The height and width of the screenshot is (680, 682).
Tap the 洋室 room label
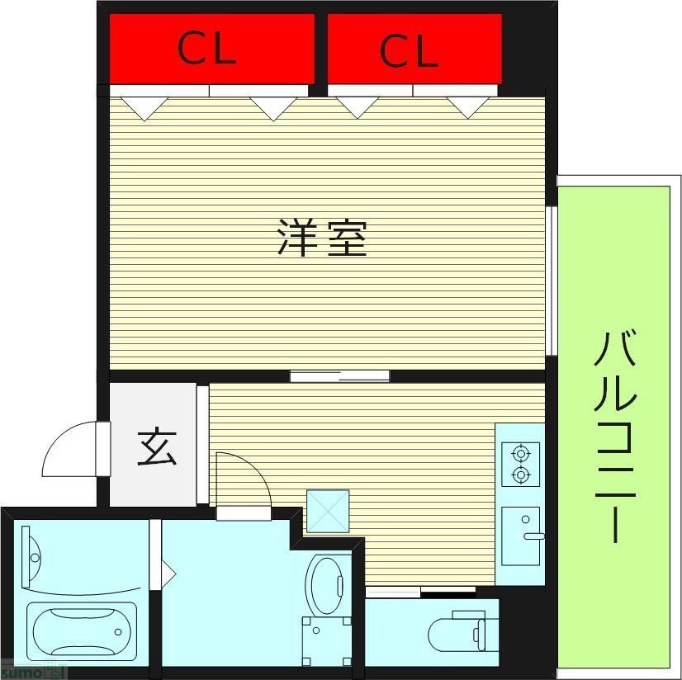(321, 238)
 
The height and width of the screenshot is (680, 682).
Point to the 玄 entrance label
(156, 448)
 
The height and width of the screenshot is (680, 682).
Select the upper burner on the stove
(520, 453)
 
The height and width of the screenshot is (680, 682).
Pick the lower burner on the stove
(520, 475)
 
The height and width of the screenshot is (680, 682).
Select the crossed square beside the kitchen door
(328, 511)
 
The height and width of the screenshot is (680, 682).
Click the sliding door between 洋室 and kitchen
(339, 376)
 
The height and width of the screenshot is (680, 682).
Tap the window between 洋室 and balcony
(552, 281)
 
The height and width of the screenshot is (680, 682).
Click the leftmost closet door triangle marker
(144, 108)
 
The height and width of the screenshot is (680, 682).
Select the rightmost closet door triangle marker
(467, 107)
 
